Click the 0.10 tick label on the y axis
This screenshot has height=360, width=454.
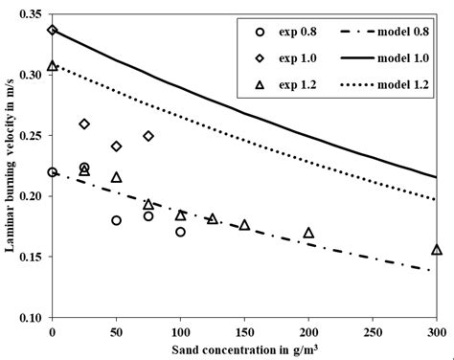coord(32,317)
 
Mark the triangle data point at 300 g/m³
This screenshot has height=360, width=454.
coord(437,250)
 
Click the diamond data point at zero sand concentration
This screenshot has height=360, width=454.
coord(53,31)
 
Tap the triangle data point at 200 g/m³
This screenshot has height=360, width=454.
coord(308,233)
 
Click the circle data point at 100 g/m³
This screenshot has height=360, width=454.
coord(180,232)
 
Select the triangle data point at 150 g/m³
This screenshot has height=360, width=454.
coord(244,225)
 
